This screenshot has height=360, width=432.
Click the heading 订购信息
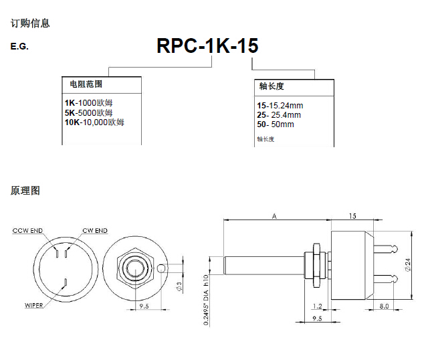(x=30, y=23)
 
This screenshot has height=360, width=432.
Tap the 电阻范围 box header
(x=86, y=84)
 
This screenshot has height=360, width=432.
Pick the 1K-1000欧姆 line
(x=93, y=103)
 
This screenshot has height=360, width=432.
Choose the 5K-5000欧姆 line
(x=93, y=112)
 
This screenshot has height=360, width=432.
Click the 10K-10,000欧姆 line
(x=94, y=122)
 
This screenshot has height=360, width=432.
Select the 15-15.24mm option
(x=280, y=106)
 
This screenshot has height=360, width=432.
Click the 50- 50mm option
(x=276, y=124)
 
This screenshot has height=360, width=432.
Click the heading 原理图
(x=25, y=191)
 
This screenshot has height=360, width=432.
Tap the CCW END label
(x=27, y=231)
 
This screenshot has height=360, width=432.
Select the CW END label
(x=94, y=231)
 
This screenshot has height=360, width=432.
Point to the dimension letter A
(x=275, y=215)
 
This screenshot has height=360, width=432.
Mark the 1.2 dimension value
(x=317, y=306)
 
